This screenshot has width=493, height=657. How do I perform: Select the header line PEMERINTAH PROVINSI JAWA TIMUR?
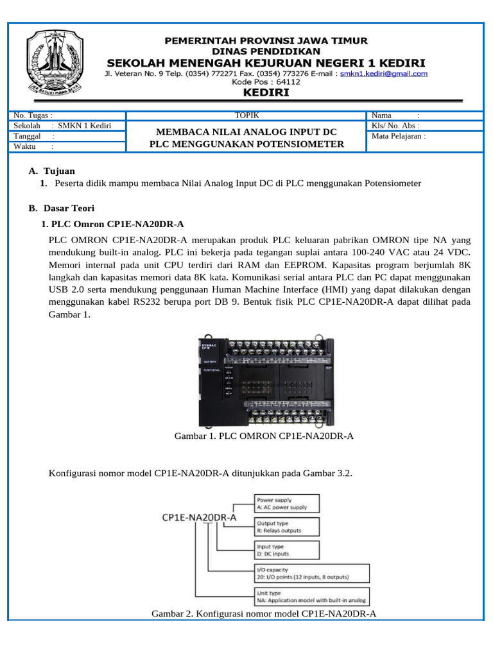click(266, 40)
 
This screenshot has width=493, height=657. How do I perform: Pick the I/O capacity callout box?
click(311, 574)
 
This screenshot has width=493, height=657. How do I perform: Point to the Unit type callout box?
click(311, 597)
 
